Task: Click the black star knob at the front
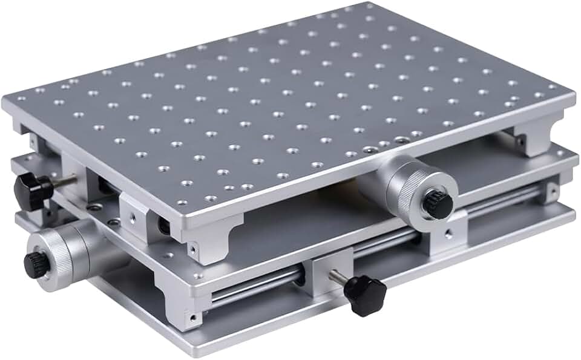tap(365, 295)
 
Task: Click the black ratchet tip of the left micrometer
tap(34, 264)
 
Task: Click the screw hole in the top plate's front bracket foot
tap(193, 248)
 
